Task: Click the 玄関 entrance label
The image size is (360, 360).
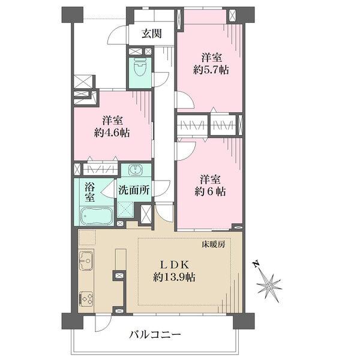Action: point(152,34)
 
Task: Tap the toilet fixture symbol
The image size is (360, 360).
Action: point(140,67)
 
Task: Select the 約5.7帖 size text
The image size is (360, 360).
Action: point(211,70)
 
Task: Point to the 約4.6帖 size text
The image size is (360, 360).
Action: point(112,133)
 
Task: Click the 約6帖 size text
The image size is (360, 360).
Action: point(210,191)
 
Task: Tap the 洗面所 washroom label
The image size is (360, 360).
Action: point(134,190)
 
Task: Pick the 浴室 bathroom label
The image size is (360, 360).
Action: point(90,193)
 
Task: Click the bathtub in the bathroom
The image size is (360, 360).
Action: point(97,216)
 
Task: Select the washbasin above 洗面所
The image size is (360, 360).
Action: point(136,170)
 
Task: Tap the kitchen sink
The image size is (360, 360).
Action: point(86,260)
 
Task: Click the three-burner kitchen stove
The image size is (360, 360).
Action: point(86,299)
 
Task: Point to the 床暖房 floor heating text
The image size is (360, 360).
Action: point(213,245)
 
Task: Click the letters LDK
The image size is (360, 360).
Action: point(174,265)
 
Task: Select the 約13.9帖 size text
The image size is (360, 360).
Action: point(174,277)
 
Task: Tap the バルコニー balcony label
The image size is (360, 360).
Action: point(155,335)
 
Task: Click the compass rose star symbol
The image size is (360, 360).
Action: point(269,286)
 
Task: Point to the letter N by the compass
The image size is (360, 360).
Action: point(256,264)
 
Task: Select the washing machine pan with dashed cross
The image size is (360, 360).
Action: point(125,209)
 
